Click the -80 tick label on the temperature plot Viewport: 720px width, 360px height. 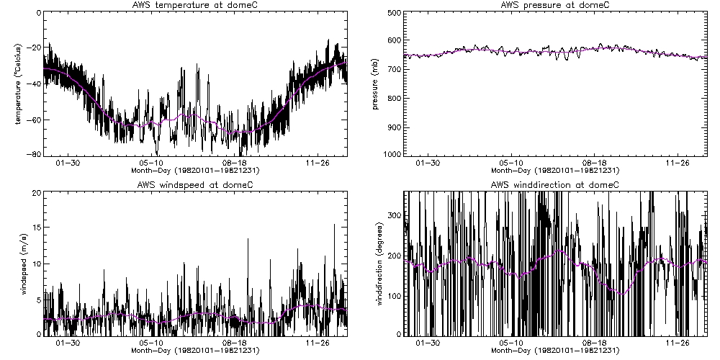(32, 154)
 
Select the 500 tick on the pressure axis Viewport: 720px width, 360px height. (393, 13)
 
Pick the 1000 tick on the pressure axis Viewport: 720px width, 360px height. (391, 154)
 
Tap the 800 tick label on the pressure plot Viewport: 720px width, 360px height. (393, 98)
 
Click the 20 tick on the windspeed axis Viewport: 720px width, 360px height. (35, 193)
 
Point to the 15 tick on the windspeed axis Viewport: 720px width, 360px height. (35, 228)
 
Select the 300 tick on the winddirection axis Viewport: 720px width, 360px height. (393, 216)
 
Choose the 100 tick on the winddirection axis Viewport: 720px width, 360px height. (393, 296)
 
